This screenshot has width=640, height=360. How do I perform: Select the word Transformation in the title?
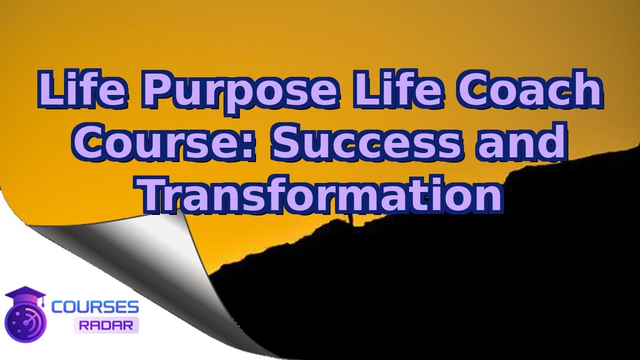coord(322,194)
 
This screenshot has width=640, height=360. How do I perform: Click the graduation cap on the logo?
coord(25,297)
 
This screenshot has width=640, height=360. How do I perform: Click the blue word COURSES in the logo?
coord(95,307)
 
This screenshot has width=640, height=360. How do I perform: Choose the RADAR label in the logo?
coord(106,324)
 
